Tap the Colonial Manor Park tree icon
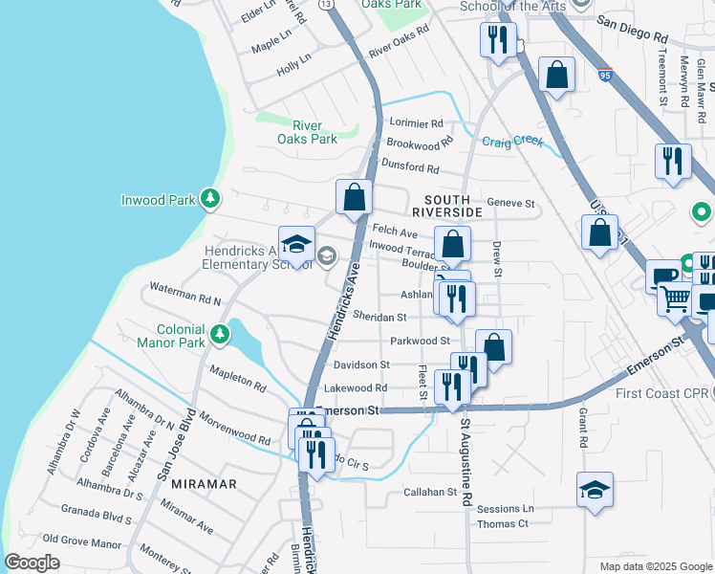pos(221,334)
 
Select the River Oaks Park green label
pos(307,132)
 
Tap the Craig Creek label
pos(512,142)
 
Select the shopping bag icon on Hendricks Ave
pos(354,197)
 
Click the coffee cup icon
pos(661,277)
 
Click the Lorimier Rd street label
pos(417,123)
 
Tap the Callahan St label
pos(430,492)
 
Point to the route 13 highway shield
pos(327,5)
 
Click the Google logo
pos(32,563)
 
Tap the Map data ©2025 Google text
pos(655,566)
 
